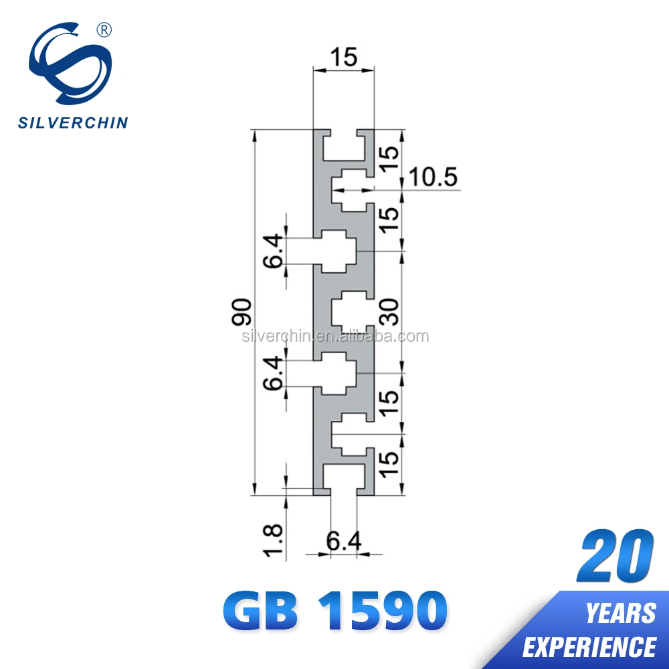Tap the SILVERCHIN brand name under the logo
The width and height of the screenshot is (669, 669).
tap(72, 122)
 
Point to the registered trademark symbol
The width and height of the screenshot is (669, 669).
tap(104, 29)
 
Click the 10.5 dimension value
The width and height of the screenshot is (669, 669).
tap(432, 178)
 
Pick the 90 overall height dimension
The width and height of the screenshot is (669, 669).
tap(242, 312)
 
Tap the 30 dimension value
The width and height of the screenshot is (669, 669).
tap(390, 312)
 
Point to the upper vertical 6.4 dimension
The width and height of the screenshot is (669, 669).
tap(274, 251)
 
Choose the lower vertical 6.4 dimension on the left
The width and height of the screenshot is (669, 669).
tap(274, 373)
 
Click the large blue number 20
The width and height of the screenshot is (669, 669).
tap(615, 557)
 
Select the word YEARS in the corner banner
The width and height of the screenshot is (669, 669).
tap(620, 613)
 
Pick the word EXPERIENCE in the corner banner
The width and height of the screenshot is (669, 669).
tap(589, 646)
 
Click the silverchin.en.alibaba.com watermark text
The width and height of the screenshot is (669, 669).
tap(334, 336)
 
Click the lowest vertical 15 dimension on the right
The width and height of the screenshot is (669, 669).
tap(390, 464)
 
